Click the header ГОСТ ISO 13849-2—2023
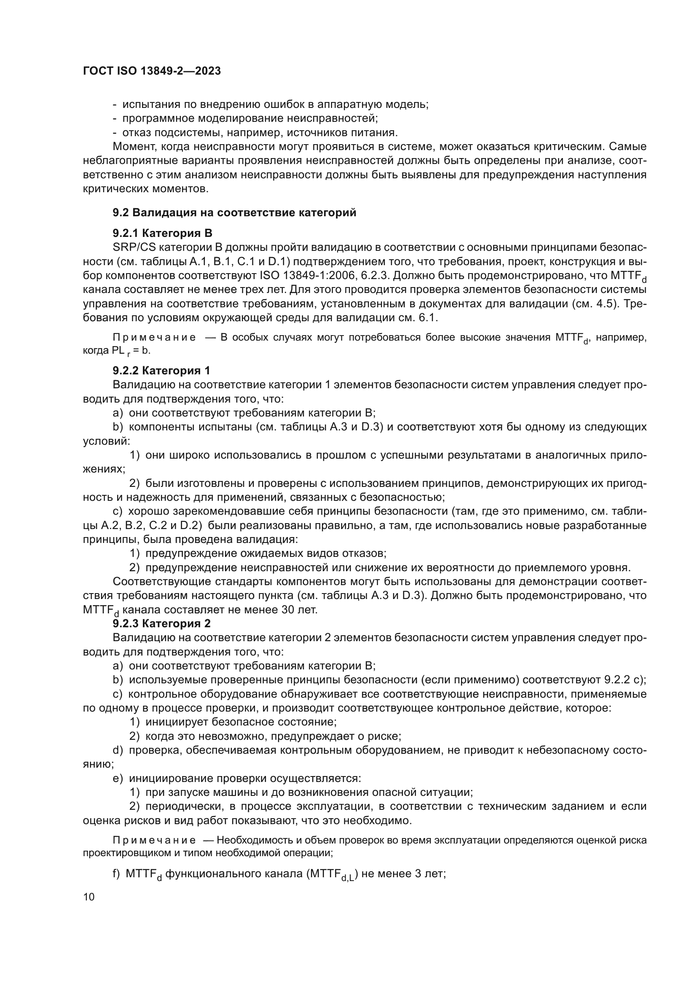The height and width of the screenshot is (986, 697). click(x=152, y=71)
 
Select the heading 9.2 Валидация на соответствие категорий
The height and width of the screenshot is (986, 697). click(x=234, y=212)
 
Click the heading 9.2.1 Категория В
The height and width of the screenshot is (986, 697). click(x=163, y=233)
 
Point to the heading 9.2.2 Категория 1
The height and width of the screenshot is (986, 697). click(x=161, y=370)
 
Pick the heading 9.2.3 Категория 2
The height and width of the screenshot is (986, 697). click(x=162, y=623)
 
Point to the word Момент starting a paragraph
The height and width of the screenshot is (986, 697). click(x=131, y=146)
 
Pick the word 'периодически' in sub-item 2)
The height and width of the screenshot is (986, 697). click(x=184, y=806)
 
